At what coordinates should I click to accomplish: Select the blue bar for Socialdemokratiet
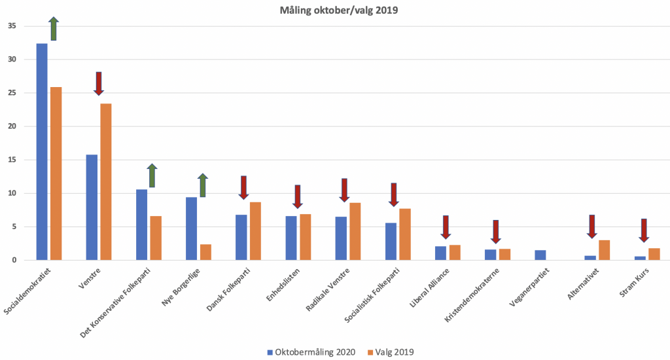click(42, 152)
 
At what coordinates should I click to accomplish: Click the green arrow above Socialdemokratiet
click(54, 29)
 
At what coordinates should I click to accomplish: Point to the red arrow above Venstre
click(99, 83)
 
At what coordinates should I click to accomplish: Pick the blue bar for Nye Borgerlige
click(191, 228)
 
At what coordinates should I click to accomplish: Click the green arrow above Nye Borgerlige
click(203, 185)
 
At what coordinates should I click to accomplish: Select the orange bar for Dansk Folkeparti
click(255, 231)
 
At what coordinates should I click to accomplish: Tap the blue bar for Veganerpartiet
click(540, 255)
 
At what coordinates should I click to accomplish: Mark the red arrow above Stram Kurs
click(644, 230)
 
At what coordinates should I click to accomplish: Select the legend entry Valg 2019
click(392, 352)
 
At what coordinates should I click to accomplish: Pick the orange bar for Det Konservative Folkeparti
click(156, 238)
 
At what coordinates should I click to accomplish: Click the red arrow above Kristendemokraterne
click(496, 231)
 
